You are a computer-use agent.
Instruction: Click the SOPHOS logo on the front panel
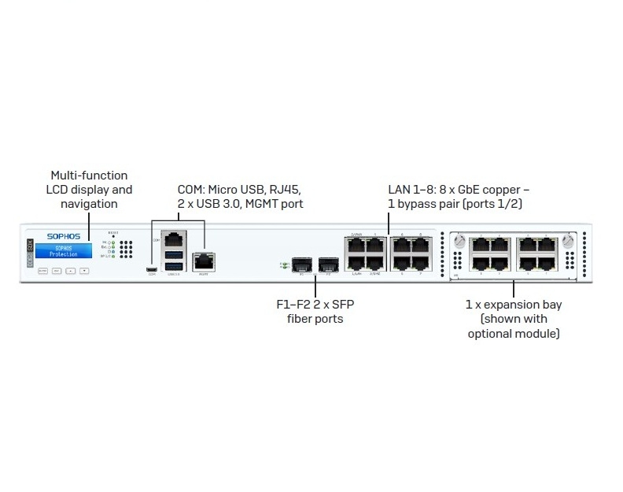[65, 235]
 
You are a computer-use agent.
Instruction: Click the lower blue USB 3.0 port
[174, 267]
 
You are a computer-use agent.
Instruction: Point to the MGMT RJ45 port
[204, 261]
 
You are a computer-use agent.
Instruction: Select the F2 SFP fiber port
[328, 264]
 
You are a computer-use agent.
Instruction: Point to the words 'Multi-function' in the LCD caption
[88, 175]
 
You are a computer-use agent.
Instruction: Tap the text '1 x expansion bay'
[513, 304]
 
